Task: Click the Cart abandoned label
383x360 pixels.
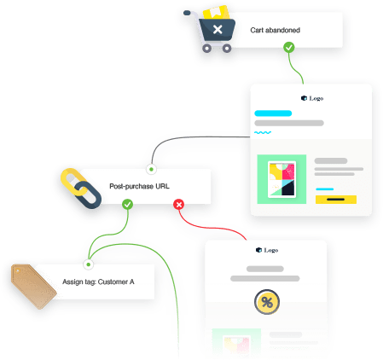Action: point(275,30)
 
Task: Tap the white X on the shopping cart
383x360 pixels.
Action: point(218,29)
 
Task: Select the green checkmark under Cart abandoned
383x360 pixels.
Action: point(289,48)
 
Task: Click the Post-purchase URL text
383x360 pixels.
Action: point(139,186)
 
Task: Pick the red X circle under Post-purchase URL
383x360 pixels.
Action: point(179,204)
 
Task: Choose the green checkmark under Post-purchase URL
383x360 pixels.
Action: point(127,204)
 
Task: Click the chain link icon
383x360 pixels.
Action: point(81,189)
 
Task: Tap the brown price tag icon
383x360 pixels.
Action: point(33,286)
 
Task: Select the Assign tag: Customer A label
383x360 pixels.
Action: point(98,282)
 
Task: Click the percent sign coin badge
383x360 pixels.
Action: point(267,302)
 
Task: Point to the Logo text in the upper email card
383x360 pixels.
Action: point(316,98)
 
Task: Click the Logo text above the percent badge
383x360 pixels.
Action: point(271,250)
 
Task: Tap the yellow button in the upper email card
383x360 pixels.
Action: point(336,200)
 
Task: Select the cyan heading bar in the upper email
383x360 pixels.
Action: point(273,113)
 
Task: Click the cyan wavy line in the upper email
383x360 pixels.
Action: point(263,132)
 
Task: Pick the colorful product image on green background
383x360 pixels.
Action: point(281,179)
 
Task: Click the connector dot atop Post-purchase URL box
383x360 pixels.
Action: point(151,169)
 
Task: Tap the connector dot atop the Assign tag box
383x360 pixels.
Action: point(89,264)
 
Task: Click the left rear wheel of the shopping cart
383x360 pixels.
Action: point(206,49)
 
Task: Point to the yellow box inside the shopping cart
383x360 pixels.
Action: point(216,12)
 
